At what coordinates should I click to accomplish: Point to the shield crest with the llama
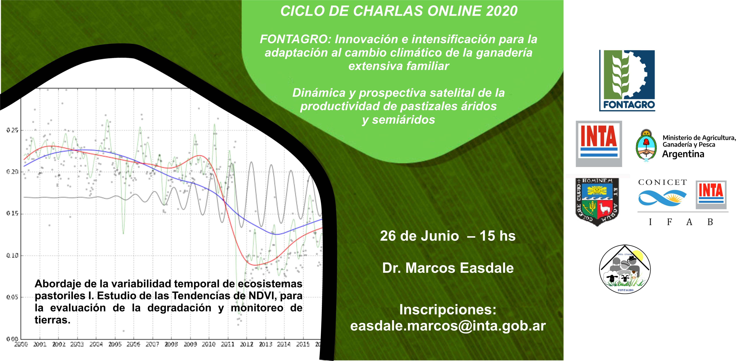597,202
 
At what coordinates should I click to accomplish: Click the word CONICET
662,182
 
